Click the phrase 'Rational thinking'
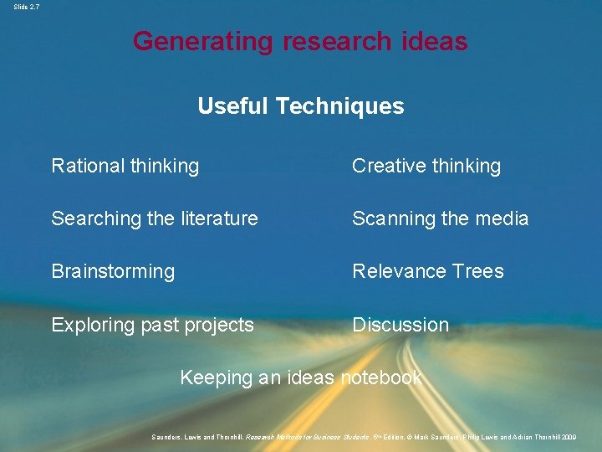125,166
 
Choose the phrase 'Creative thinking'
426,166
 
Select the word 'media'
502,218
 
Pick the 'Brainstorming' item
113,271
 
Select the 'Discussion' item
400,325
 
